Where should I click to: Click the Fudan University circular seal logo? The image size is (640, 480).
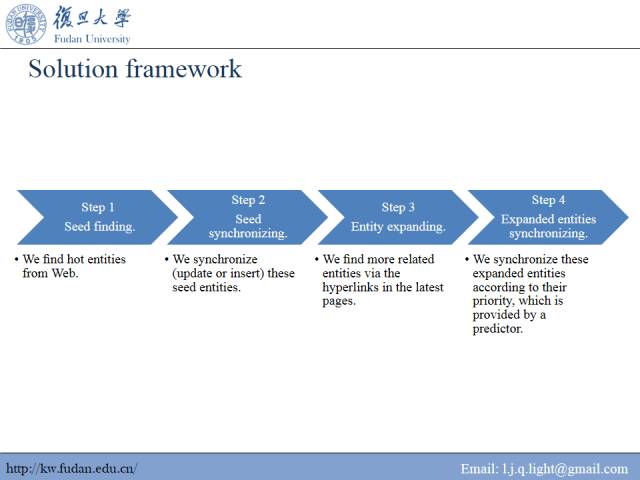26,24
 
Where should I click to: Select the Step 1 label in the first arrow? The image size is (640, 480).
98,207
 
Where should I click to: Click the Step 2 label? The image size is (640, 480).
248,200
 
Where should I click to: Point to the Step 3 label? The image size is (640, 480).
398,207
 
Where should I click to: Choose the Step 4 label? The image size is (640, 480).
548,200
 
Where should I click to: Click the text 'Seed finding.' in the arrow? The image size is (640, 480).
99,226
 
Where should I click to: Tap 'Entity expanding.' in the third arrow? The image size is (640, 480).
398,226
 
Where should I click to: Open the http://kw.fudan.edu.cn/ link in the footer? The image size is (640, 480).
71,468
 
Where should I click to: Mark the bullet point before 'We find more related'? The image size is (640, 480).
316,259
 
